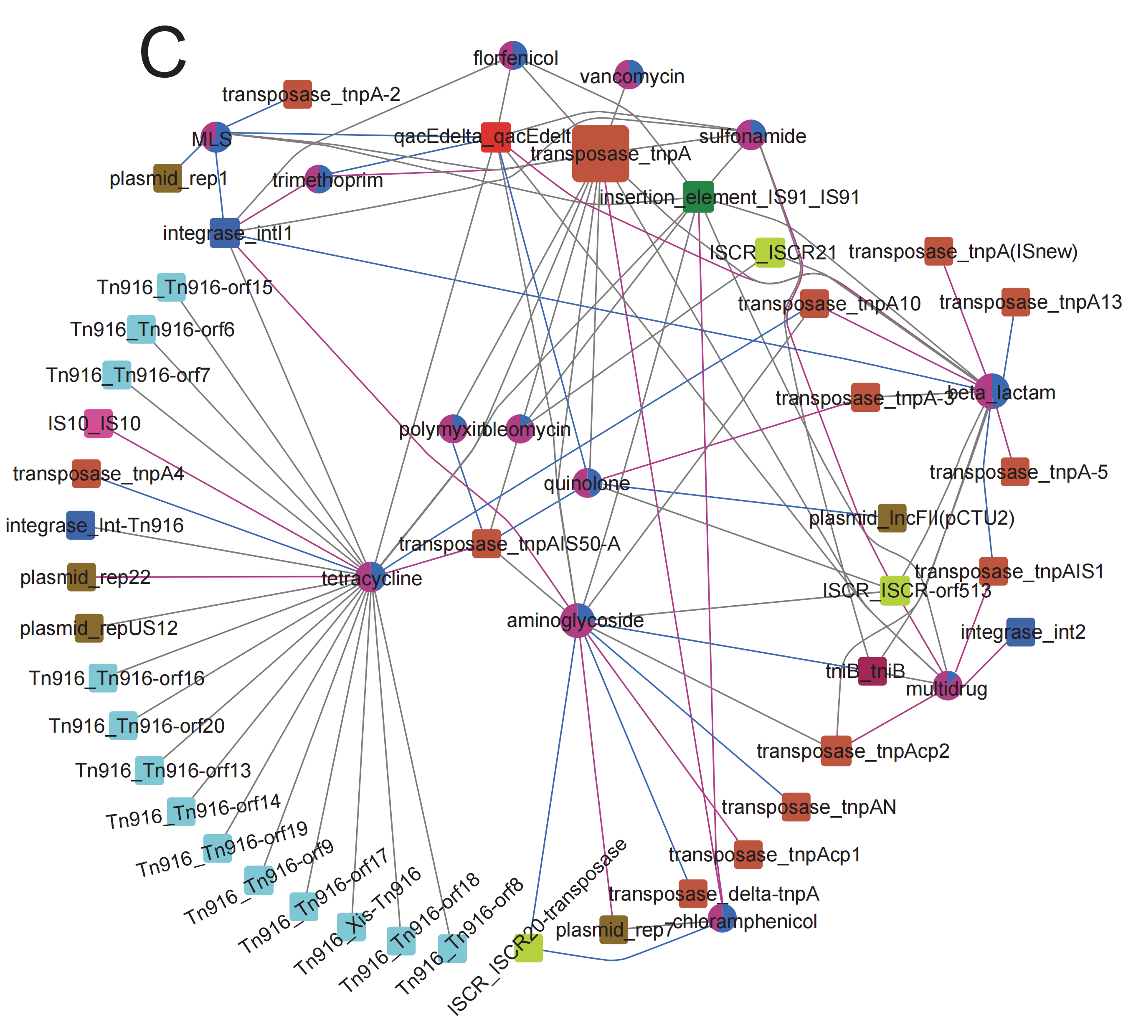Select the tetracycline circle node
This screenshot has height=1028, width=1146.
371,577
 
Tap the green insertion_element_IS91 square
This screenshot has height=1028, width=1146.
698,197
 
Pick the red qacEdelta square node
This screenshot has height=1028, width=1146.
495,137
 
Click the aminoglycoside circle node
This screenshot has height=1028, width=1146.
577,620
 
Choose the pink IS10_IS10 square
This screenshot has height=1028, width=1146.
98,424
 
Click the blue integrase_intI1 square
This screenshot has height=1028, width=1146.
224,233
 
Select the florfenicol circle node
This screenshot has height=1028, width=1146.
513,56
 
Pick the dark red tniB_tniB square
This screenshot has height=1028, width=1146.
872,671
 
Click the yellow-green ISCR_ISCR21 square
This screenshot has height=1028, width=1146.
770,252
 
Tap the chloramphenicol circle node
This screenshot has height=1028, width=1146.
722,918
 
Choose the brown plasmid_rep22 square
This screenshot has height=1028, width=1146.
81,577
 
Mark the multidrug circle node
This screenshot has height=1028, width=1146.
947,686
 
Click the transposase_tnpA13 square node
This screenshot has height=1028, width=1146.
1016,302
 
